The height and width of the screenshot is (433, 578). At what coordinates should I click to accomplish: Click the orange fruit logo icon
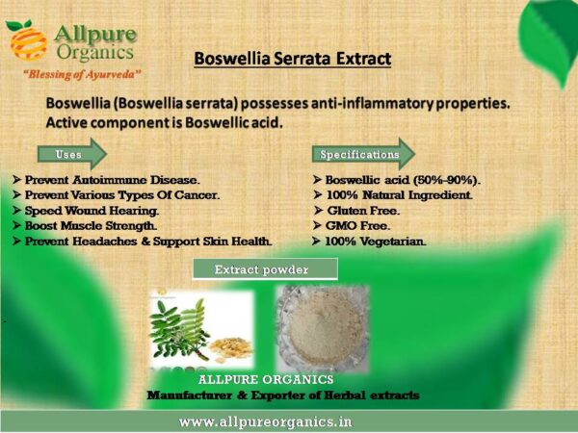pos(27,40)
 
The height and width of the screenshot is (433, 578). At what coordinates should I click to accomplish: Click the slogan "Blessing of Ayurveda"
pos(82,74)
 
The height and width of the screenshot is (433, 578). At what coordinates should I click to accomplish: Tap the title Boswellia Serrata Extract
pos(292,59)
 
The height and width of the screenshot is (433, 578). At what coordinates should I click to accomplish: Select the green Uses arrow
pos(72,154)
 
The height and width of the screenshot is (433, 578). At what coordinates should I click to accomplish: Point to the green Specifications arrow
pos(363,154)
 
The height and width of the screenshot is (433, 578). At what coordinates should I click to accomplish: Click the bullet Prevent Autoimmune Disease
pos(106,180)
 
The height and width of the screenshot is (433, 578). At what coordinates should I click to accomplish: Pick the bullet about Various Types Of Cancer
pos(117,195)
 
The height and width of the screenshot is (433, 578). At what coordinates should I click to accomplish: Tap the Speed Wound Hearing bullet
pos(86,211)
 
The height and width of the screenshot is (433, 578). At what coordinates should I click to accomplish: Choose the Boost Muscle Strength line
pos(85,226)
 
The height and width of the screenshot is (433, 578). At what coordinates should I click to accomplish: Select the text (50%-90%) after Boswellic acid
pos(447,180)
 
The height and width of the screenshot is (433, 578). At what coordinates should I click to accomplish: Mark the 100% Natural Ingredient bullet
pos(393,195)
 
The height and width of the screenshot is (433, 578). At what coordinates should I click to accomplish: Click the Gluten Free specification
pos(356,211)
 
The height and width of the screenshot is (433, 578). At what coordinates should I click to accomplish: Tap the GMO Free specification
pos(352,226)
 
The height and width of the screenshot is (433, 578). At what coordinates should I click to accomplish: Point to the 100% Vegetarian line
pos(369,242)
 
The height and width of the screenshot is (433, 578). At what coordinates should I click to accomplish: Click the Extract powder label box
pos(265,269)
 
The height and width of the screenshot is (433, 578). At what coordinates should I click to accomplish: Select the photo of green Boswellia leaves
pos(201,329)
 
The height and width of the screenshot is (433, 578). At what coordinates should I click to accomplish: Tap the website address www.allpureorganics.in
pos(266,421)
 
